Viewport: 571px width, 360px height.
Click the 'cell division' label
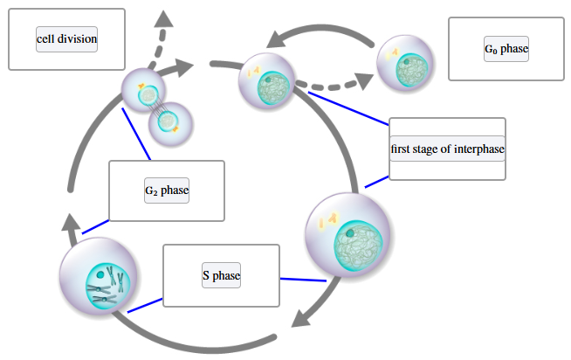66,39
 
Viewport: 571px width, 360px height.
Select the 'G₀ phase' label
506,49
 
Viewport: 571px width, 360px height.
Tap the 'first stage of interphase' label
447,149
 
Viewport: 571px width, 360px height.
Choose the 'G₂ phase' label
167,190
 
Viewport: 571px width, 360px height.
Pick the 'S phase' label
221,275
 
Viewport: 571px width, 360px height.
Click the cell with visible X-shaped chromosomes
98,280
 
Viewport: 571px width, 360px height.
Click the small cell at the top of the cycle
264,78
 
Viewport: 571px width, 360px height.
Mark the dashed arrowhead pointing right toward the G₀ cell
365,81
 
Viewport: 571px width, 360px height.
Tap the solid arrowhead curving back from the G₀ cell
278,38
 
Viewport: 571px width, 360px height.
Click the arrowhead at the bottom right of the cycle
301,316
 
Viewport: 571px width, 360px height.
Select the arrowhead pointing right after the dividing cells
183,67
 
